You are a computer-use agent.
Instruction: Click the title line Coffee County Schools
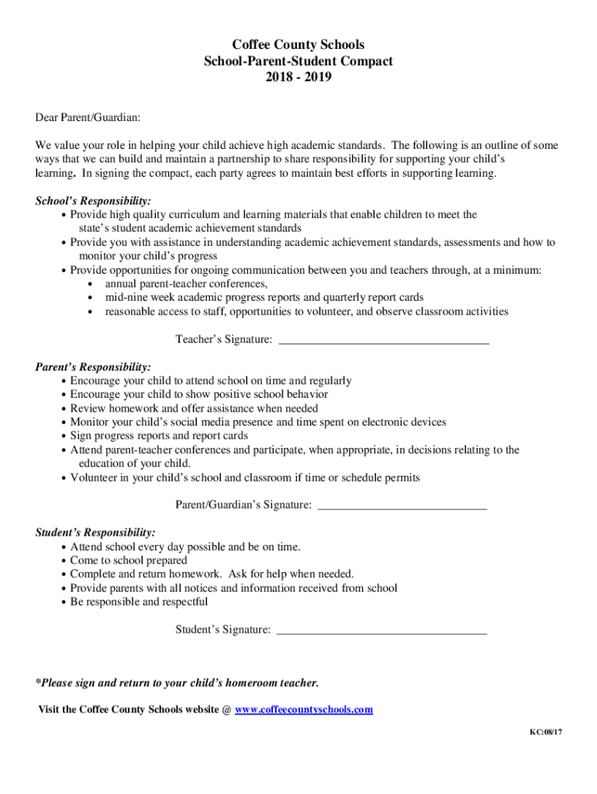click(x=298, y=45)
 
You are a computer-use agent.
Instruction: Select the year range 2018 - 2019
click(x=298, y=77)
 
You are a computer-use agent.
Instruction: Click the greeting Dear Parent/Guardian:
click(x=88, y=117)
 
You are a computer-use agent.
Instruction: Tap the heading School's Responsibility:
click(x=93, y=201)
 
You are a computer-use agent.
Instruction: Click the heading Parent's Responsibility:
click(x=93, y=367)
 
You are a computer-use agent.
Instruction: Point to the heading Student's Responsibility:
click(x=95, y=533)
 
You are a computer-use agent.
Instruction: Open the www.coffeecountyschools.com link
click(x=304, y=709)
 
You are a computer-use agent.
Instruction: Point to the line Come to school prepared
click(x=129, y=561)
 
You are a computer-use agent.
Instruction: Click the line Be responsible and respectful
click(x=139, y=602)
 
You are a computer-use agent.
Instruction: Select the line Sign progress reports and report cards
click(x=159, y=436)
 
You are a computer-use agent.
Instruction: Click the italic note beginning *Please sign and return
click(x=178, y=683)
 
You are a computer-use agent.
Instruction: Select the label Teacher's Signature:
click(x=223, y=340)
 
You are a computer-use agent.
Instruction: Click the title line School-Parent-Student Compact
click(x=298, y=61)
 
